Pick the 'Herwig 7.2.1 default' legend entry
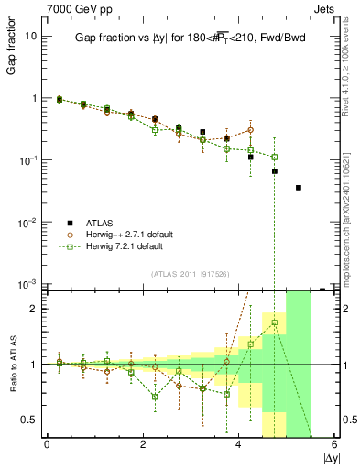click(x=121, y=246)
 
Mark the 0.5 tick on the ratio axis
click(x=30, y=420)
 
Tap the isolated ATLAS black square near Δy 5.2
click(x=299, y=188)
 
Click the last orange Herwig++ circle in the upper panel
click(x=251, y=130)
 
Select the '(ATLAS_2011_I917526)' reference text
click(x=190, y=273)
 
